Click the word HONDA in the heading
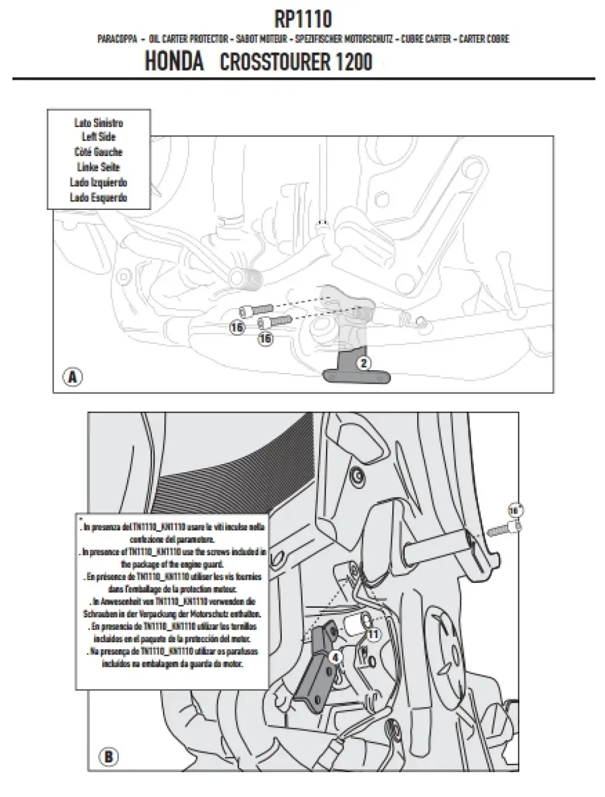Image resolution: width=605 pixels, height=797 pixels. click(x=174, y=61)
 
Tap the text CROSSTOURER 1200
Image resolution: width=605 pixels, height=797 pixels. click(x=296, y=62)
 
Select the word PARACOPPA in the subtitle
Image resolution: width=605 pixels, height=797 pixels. click(x=118, y=39)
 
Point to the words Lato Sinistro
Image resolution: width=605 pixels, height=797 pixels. click(x=99, y=123)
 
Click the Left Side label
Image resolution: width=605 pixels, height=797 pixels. click(x=99, y=137)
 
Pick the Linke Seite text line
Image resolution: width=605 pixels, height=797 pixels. click(x=99, y=167)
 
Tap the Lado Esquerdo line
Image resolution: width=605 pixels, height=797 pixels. click(x=99, y=197)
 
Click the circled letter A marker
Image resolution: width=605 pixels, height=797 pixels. click(x=73, y=377)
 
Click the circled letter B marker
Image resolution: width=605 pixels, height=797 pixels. click(x=109, y=756)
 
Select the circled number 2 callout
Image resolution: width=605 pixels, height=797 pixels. click(x=365, y=363)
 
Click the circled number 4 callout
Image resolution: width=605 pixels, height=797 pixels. click(x=335, y=656)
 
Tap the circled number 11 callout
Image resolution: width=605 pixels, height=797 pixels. click(x=373, y=634)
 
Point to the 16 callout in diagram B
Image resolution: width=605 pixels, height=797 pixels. click(x=514, y=510)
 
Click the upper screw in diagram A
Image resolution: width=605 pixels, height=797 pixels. click(x=255, y=310)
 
